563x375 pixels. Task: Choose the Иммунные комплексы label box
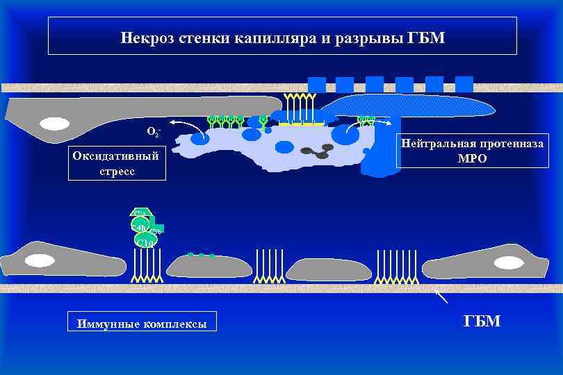tap(142, 323)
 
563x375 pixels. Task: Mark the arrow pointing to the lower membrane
tap(441, 297)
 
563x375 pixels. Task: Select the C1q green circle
tap(146, 241)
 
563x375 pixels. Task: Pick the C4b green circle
tap(139, 227)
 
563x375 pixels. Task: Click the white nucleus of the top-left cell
tap(54, 124)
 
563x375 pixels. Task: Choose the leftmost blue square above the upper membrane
tap(317, 84)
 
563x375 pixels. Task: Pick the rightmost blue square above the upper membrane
tap(464, 84)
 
